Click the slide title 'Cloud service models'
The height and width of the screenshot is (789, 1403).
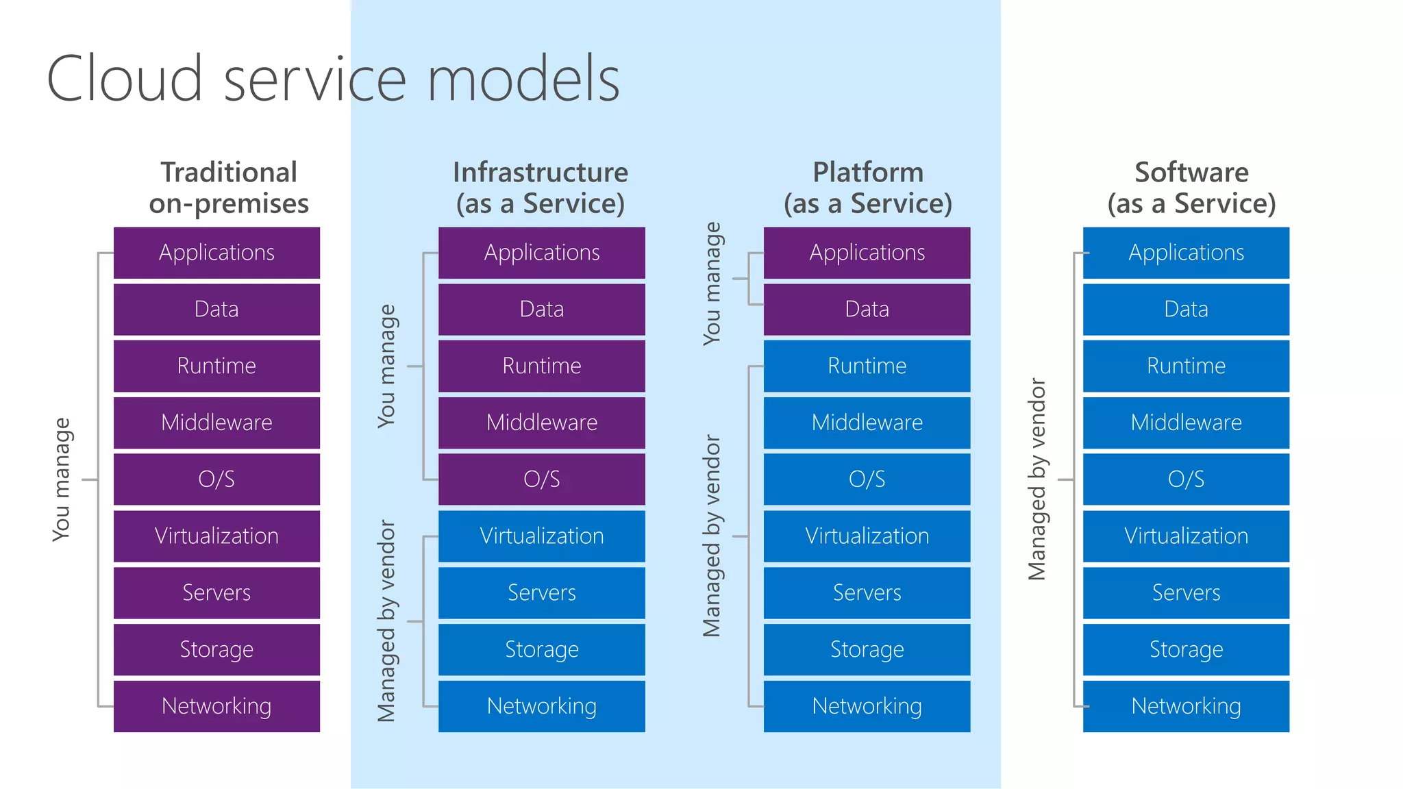click(x=333, y=79)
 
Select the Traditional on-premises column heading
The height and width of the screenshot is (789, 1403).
click(x=229, y=188)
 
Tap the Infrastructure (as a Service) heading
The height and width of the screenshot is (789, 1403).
click(x=541, y=188)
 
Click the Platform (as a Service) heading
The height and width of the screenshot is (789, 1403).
click(x=868, y=188)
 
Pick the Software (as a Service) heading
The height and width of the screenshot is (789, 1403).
click(x=1191, y=188)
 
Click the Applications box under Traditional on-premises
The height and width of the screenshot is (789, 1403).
click(x=216, y=253)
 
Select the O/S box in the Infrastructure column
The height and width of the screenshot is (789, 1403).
click(x=541, y=479)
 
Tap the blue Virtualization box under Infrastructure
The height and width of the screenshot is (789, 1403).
click(x=541, y=536)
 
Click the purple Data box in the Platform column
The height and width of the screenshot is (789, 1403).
click(x=867, y=309)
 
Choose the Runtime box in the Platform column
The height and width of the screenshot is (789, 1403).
click(x=867, y=366)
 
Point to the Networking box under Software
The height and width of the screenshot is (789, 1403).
click(x=1186, y=705)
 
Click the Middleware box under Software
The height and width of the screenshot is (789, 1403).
click(x=1186, y=423)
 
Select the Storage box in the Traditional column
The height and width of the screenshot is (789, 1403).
click(x=216, y=649)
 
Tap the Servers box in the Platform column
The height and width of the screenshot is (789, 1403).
click(x=867, y=592)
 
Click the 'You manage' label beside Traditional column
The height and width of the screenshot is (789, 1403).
click(x=62, y=479)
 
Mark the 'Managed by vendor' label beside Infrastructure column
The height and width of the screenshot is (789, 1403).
click(x=387, y=621)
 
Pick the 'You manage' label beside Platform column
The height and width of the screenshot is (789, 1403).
click(x=712, y=284)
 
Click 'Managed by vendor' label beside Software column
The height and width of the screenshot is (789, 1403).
click(x=1037, y=479)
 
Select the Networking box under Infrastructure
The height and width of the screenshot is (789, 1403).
click(x=541, y=705)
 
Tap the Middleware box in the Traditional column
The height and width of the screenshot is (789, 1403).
click(x=216, y=423)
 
